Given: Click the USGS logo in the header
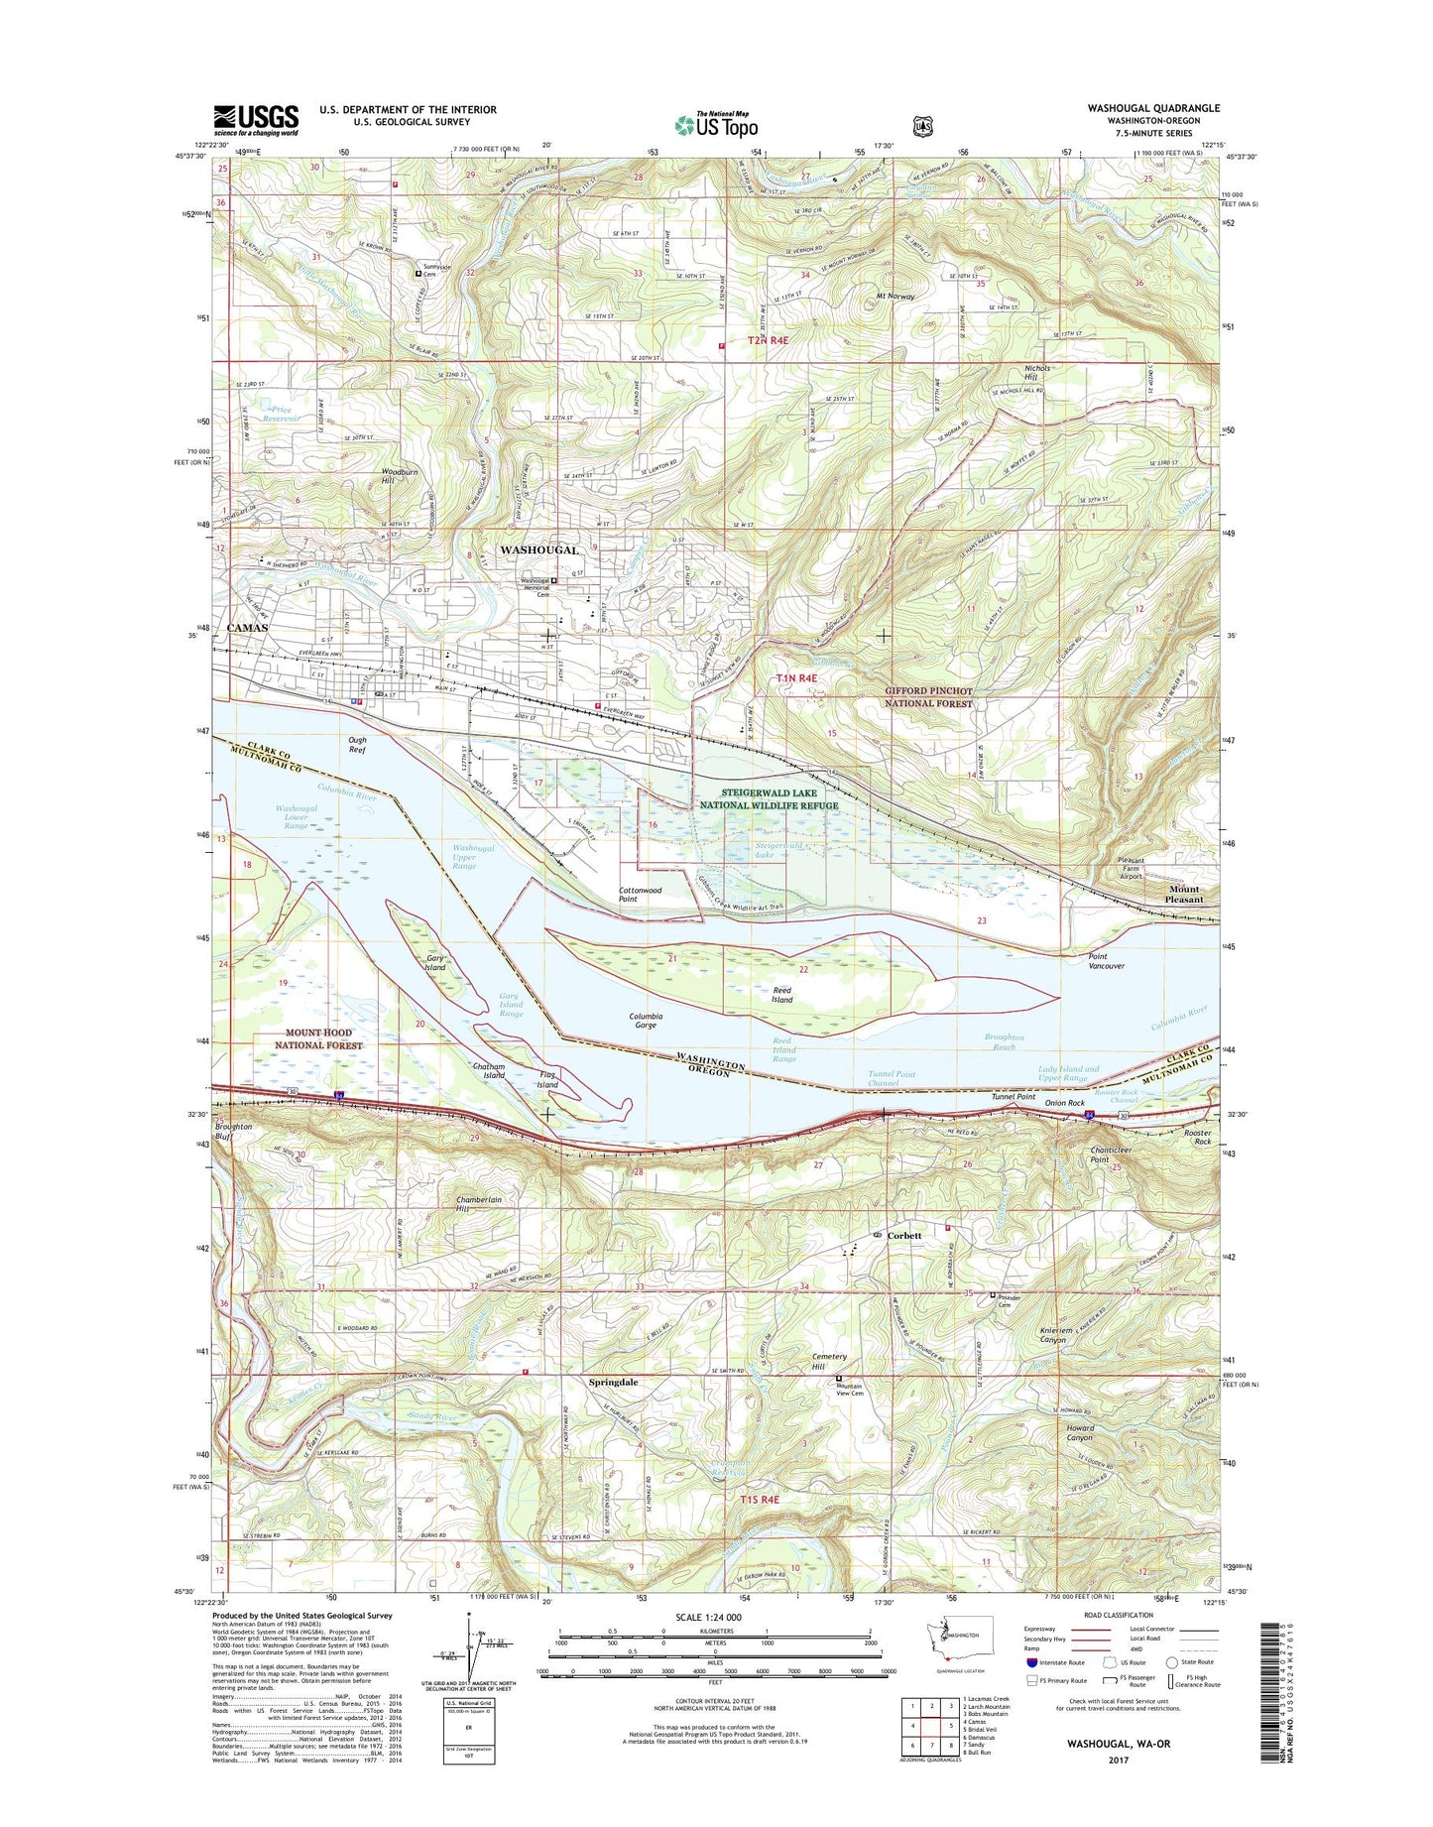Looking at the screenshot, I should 256,120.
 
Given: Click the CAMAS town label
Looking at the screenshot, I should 247,628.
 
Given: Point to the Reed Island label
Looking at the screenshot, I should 782,995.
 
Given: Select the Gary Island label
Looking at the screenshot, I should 435,962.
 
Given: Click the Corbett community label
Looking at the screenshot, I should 903,1236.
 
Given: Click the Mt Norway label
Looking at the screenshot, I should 896,296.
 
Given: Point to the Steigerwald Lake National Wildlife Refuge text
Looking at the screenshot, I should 778,799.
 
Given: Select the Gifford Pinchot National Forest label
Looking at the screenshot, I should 928,696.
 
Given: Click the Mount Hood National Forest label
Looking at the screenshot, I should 319,1038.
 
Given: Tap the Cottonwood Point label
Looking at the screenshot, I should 641,895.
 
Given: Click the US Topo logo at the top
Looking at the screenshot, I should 716,125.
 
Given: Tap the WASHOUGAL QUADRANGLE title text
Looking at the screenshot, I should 1153,108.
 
